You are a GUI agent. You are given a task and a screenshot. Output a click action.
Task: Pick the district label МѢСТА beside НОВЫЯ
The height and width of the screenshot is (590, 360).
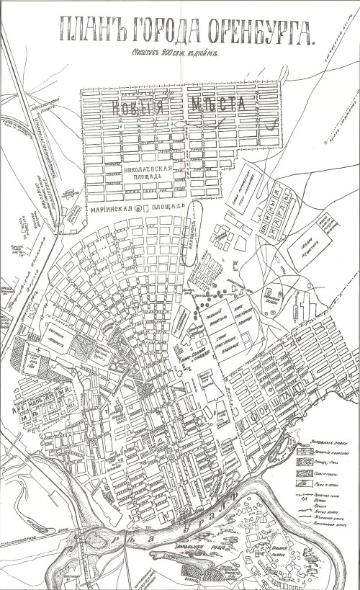pos(218,106)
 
